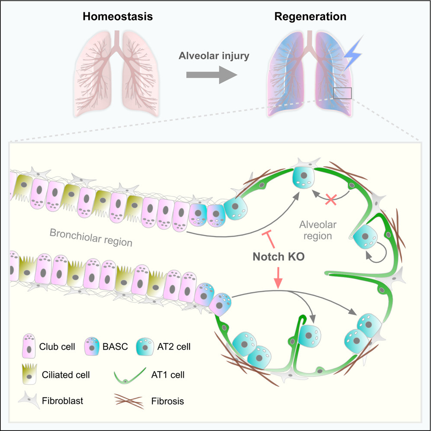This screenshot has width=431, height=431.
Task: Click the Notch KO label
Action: click(x=279, y=257)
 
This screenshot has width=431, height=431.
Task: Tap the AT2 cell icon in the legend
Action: click(x=146, y=347)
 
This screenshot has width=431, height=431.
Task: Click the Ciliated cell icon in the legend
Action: click(x=29, y=375)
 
